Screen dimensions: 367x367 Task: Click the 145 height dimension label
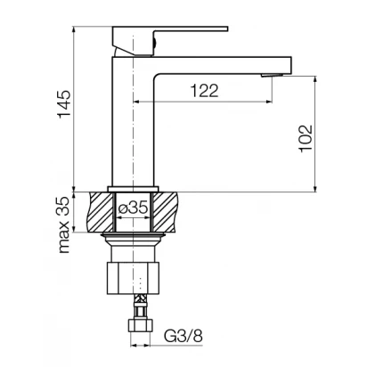tap(64, 104)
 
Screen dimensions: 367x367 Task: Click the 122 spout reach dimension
tap(204, 90)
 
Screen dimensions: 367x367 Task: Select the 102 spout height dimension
tap(306, 139)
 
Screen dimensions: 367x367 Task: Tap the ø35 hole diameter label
tap(133, 208)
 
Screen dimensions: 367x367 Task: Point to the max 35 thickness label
tap(64, 225)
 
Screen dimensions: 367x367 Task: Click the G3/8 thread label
tap(183, 336)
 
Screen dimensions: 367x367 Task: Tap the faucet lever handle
tap(170, 41)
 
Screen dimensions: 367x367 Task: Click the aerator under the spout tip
tap(271, 75)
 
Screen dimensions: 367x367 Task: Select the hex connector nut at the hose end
tap(140, 325)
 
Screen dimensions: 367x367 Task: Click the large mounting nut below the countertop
tap(133, 278)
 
